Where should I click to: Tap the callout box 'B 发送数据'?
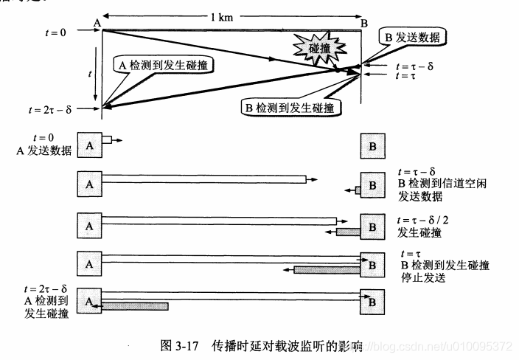click(414, 36)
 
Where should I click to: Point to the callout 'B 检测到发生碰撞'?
click(292, 108)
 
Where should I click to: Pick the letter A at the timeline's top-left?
click(97, 23)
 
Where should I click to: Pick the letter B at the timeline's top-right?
click(364, 23)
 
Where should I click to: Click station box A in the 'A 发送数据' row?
click(90, 146)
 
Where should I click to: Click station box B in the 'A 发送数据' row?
click(372, 146)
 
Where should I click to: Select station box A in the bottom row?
click(90, 300)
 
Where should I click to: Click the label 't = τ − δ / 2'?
click(431, 220)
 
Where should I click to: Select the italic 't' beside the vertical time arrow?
click(89, 74)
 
